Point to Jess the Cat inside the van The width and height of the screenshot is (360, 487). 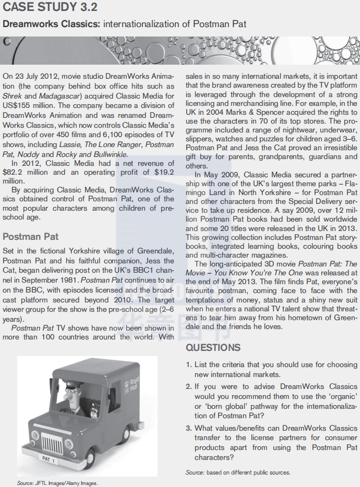pyautogui.click(x=95, y=408)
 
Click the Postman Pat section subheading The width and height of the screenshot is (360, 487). pyautogui.click(x=31, y=237)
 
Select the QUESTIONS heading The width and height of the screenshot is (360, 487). pyautogui.click(x=213, y=347)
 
